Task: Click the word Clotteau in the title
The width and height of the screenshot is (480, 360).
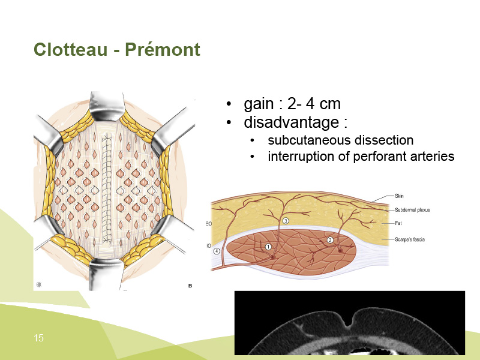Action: [x=71, y=49]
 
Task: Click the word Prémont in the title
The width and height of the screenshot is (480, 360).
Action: [x=163, y=49]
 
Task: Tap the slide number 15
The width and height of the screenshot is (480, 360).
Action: [x=38, y=338]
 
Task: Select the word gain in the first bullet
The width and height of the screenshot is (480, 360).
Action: [x=259, y=104]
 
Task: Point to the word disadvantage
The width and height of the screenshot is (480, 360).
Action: [x=292, y=122]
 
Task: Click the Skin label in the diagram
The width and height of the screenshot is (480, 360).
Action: [x=399, y=196]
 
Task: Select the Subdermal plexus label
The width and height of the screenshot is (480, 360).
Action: [x=412, y=210]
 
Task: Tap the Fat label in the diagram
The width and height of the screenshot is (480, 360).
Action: [x=398, y=223]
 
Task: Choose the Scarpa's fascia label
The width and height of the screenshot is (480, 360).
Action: [x=410, y=239]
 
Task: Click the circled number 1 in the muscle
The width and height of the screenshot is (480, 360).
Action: [x=268, y=247]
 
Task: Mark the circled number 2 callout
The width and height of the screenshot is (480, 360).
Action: [x=330, y=240]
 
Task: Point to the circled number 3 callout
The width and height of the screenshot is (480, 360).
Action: [x=286, y=221]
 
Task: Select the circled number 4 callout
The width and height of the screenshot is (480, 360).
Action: [x=217, y=251]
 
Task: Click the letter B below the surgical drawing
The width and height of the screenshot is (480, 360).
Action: [x=190, y=286]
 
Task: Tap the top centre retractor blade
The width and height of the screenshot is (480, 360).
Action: [x=107, y=106]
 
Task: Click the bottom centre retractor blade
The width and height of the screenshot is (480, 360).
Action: [x=106, y=274]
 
